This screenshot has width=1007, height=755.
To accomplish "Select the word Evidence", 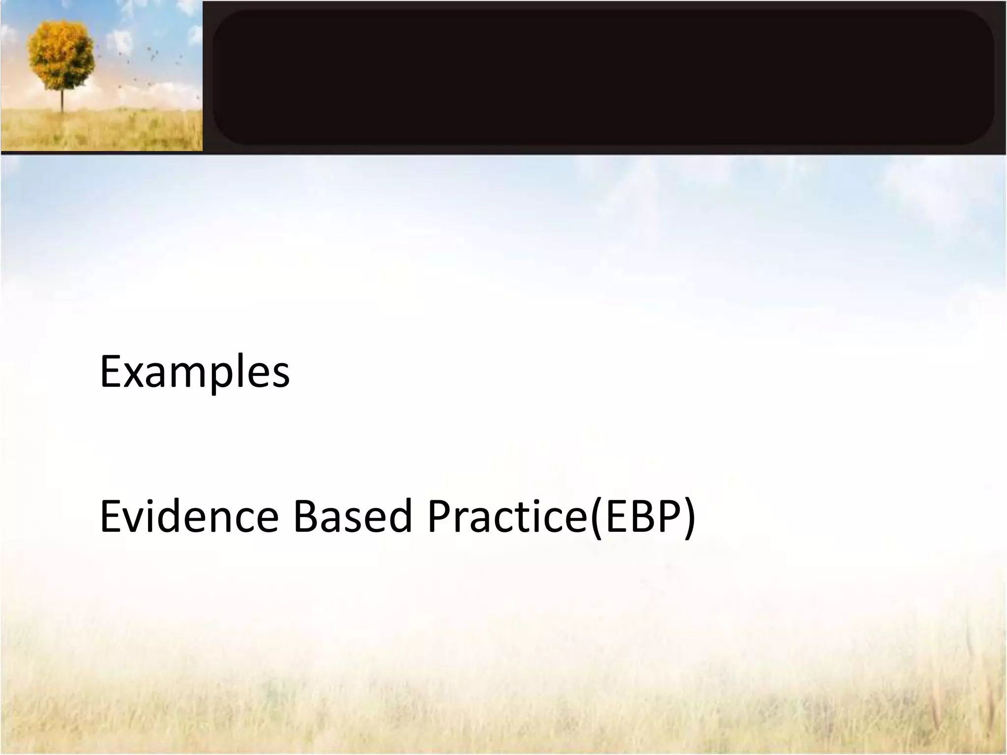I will [189, 516].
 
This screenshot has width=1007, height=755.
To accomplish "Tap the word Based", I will [352, 516].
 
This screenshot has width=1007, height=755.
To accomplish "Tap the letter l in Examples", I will [237, 370].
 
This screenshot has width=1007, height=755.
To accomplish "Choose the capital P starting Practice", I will [440, 516].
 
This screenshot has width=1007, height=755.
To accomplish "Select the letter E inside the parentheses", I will [616, 516].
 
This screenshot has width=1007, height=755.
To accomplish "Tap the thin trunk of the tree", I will [62, 101].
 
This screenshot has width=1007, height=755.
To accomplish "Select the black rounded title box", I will [603, 78].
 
